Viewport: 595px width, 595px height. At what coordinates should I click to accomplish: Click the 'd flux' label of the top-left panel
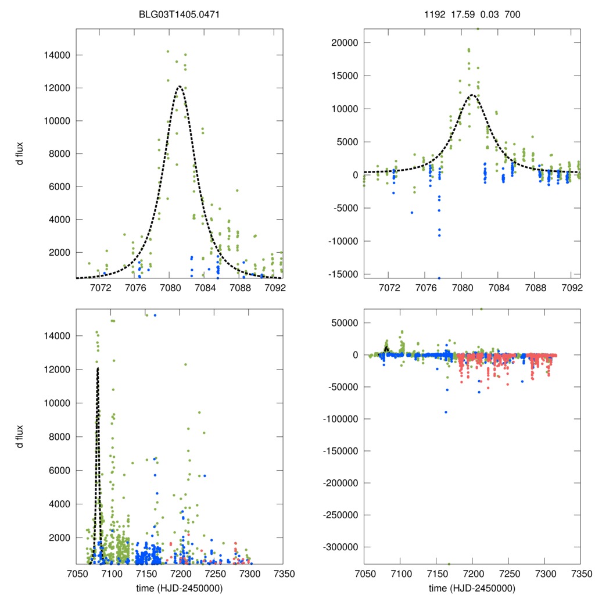(x=20, y=153)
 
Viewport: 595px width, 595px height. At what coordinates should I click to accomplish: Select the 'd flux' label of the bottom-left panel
(x=20, y=436)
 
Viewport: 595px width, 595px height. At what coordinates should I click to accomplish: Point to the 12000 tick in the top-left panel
(x=55, y=88)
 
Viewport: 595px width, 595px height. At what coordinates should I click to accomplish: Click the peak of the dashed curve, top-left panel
(x=180, y=87)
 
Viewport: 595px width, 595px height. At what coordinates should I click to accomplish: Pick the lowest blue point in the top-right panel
(x=439, y=278)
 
